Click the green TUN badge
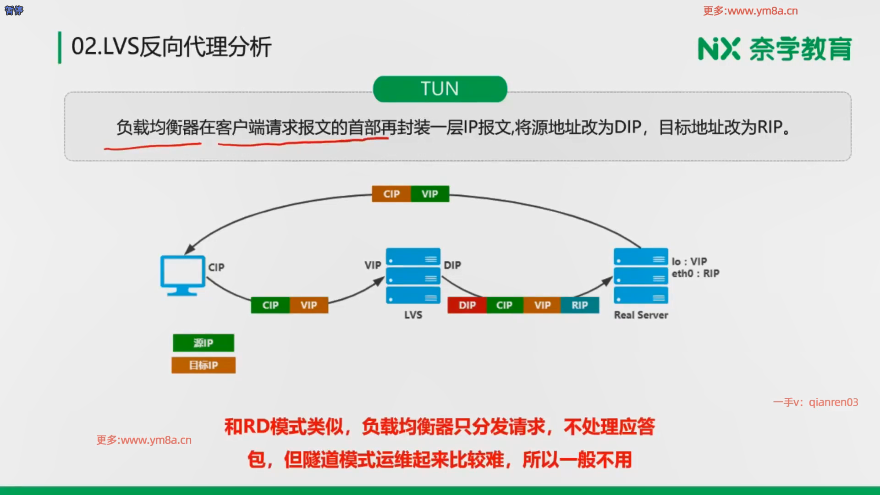[x=440, y=89]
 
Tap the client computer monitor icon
[x=182, y=275]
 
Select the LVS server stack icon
[x=413, y=276]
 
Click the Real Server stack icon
[x=641, y=276]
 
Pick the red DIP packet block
[x=467, y=305]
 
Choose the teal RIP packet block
[x=579, y=305]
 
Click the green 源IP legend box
[x=203, y=343]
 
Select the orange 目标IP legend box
[x=203, y=365]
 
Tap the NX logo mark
[x=719, y=49]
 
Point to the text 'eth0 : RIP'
[x=695, y=274]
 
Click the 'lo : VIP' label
[x=689, y=261]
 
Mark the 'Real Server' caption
[x=641, y=315]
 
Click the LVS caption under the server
[x=413, y=315]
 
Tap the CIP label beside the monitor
[x=216, y=267]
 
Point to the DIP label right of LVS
[x=452, y=265]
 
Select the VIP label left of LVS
[x=373, y=265]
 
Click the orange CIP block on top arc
[x=391, y=194]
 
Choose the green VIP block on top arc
[x=429, y=194]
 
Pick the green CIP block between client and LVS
[x=270, y=305]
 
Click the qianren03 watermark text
[x=833, y=402]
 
